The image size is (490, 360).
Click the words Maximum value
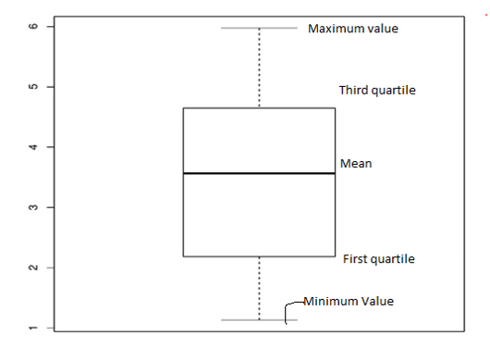tap(353, 29)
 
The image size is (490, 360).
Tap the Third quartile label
tap(377, 91)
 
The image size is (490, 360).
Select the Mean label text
tap(356, 164)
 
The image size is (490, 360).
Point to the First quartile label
tap(378, 259)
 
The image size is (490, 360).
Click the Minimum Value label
tap(349, 302)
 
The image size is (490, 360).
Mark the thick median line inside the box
tap(259, 173)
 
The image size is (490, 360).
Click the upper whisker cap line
tap(259, 28)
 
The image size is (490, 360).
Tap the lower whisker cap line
tap(259, 320)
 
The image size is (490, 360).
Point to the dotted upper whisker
tap(259, 68)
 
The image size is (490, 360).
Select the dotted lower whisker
tap(259, 288)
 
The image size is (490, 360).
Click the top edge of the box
tap(259, 108)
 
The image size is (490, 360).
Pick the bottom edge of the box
tap(259, 256)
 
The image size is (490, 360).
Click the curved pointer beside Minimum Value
tap(288, 309)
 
